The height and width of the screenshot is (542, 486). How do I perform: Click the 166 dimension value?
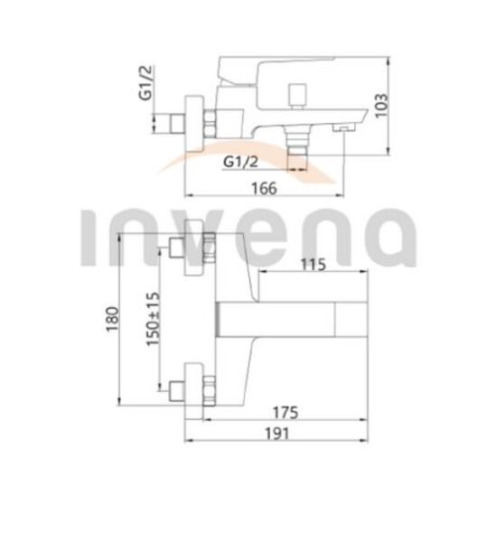[264, 189]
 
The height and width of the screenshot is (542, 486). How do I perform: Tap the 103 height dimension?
[381, 106]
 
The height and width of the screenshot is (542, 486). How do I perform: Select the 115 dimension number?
[313, 265]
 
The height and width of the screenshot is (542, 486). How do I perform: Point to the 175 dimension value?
[285, 413]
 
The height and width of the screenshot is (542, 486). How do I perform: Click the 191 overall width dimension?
[276, 434]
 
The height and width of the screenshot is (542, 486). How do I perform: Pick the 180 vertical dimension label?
[112, 319]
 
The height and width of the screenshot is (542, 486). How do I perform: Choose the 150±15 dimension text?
[154, 319]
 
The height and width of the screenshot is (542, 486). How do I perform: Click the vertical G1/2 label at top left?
[145, 82]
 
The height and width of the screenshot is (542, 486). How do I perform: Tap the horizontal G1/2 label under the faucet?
[240, 162]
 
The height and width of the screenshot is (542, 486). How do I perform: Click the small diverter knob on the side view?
[297, 96]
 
